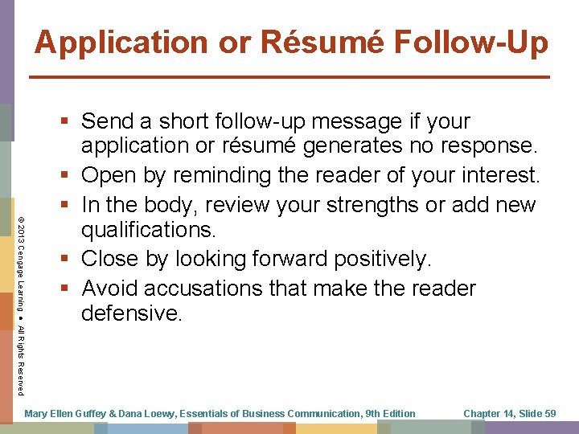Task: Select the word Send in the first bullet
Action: [x=108, y=121]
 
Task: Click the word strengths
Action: [x=363, y=204]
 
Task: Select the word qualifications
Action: [x=148, y=230]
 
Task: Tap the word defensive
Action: [x=132, y=313]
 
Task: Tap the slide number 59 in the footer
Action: [x=549, y=413]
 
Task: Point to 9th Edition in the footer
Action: [x=390, y=413]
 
